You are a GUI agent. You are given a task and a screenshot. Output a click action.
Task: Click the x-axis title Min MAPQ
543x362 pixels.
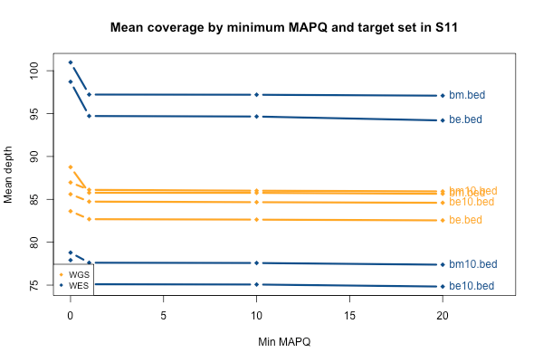tap(285, 344)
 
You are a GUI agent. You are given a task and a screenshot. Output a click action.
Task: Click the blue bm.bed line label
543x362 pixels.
tap(468, 96)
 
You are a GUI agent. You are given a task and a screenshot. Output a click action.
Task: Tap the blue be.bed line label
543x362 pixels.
tap(466, 119)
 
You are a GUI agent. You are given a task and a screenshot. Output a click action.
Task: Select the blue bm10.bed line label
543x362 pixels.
tap(472, 264)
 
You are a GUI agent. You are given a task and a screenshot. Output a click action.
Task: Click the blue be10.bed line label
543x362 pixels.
tap(472, 286)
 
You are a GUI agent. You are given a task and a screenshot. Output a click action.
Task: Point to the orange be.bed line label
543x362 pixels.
tap(466, 220)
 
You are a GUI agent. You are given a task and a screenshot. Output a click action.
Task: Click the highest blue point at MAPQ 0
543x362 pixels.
tap(71, 62)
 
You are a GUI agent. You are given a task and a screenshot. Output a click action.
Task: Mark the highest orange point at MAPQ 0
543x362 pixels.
tap(71, 167)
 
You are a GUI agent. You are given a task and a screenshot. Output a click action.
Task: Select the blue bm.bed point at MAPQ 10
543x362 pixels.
tap(256, 95)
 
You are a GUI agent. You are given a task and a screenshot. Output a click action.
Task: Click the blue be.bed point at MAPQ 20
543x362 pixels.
tap(442, 120)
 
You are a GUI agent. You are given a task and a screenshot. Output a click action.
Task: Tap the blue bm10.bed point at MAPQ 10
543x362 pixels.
tap(256, 262)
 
